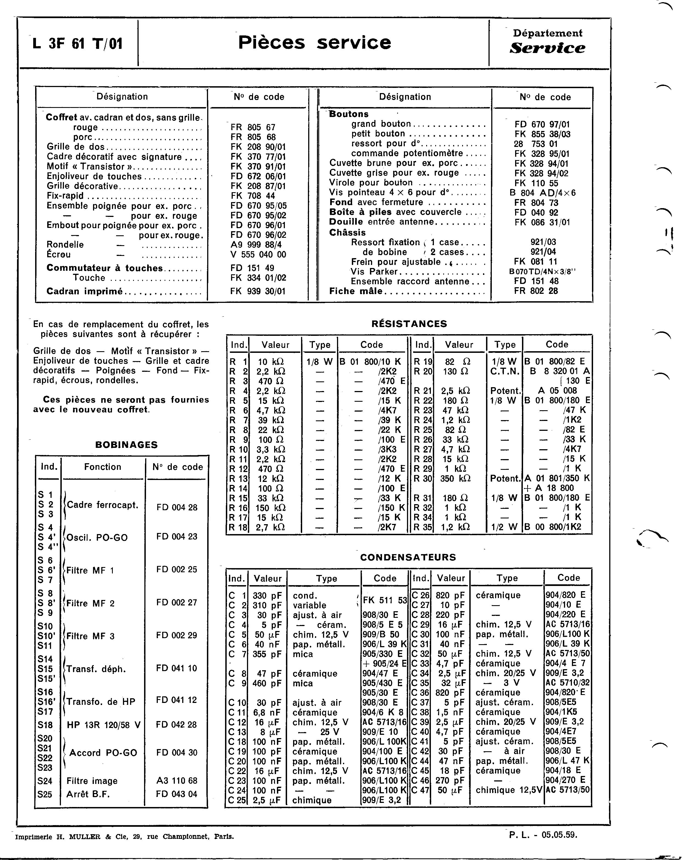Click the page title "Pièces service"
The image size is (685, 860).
314,43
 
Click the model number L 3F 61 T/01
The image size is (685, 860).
77,43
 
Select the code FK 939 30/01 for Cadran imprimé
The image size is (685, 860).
258,291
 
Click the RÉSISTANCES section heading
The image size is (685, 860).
409,324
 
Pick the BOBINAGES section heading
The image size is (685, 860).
127,445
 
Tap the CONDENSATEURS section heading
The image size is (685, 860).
408,557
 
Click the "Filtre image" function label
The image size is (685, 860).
92,781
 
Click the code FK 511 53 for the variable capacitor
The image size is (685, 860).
385,600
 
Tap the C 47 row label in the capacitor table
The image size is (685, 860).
420,790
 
